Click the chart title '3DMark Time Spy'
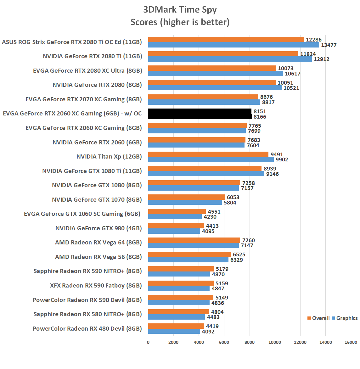tap(180, 9)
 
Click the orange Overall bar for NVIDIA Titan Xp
tap(208, 154)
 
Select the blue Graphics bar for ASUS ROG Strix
tap(233, 45)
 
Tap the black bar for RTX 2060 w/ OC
tap(200, 114)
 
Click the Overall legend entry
tap(318, 318)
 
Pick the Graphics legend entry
tap(345, 318)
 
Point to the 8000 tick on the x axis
tap(250, 342)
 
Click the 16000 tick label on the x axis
tap(351, 342)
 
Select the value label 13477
tap(329, 45)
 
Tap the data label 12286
tap(314, 40)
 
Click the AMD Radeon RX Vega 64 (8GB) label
tap(98, 243)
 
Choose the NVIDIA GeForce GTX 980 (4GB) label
tap(98, 228)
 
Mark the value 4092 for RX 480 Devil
tap(208, 332)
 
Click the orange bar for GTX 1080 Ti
tap(205, 168)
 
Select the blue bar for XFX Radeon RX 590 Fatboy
tap(179, 288)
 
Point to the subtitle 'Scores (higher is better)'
tap(180, 22)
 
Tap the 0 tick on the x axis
tap(148, 342)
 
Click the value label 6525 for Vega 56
tap(239, 254)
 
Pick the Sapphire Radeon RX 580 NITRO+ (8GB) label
tap(87, 314)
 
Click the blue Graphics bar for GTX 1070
tap(185, 203)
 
